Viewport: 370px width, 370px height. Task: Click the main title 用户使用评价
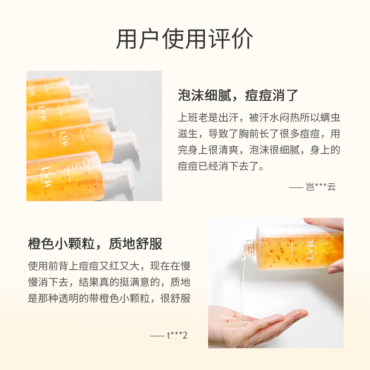[185, 39]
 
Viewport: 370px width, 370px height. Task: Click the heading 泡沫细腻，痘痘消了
[238, 96]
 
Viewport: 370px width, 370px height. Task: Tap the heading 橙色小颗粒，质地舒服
[95, 244]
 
